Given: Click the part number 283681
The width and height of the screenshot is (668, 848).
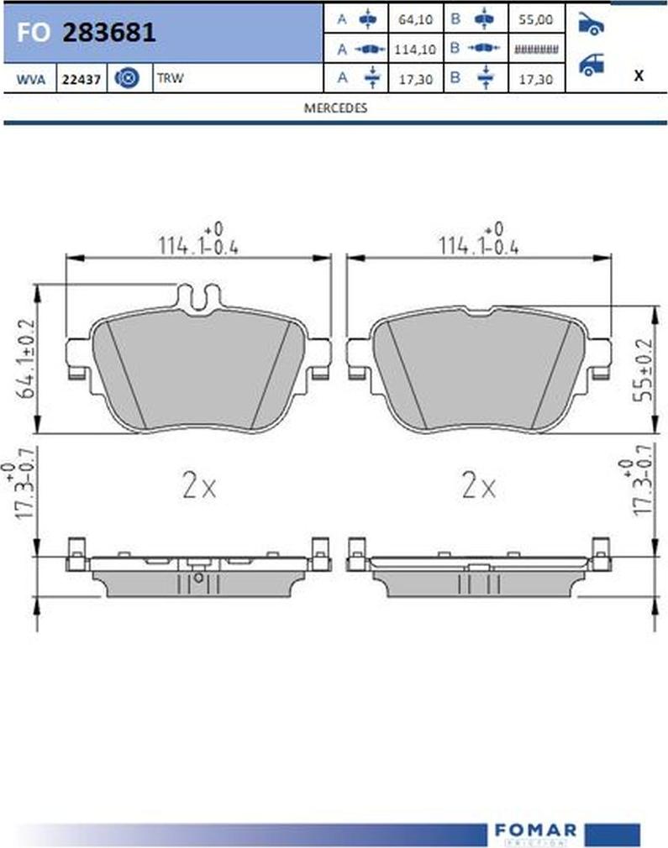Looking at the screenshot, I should tap(109, 33).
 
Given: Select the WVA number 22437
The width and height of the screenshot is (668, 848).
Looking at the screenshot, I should tap(81, 80).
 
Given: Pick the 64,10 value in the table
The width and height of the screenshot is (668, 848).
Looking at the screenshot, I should tap(415, 18).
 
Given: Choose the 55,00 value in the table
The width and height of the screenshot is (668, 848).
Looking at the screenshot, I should tap(536, 18).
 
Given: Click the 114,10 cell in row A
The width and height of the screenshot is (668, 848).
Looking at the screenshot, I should tap(415, 50).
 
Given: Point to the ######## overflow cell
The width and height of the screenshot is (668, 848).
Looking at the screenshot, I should tap(536, 50).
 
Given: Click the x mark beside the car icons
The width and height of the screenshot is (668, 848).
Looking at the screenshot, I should tap(639, 75).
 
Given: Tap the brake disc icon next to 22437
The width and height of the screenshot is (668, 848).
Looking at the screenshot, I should tap(127, 79).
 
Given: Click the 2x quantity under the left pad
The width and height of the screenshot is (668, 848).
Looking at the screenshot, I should tap(199, 486).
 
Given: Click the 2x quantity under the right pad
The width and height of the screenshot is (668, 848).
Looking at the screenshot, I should tap(479, 486).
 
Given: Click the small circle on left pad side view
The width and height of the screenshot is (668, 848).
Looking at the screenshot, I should tap(198, 578).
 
